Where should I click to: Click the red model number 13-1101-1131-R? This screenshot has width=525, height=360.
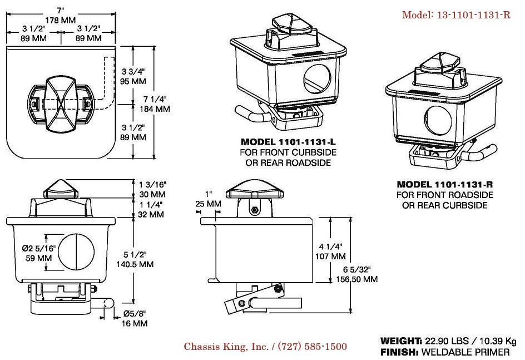[456, 15]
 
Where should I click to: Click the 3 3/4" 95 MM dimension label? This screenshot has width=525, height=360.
[133, 76]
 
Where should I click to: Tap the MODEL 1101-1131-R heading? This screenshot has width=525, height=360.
[445, 184]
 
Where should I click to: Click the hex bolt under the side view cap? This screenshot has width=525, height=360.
[254, 209]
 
